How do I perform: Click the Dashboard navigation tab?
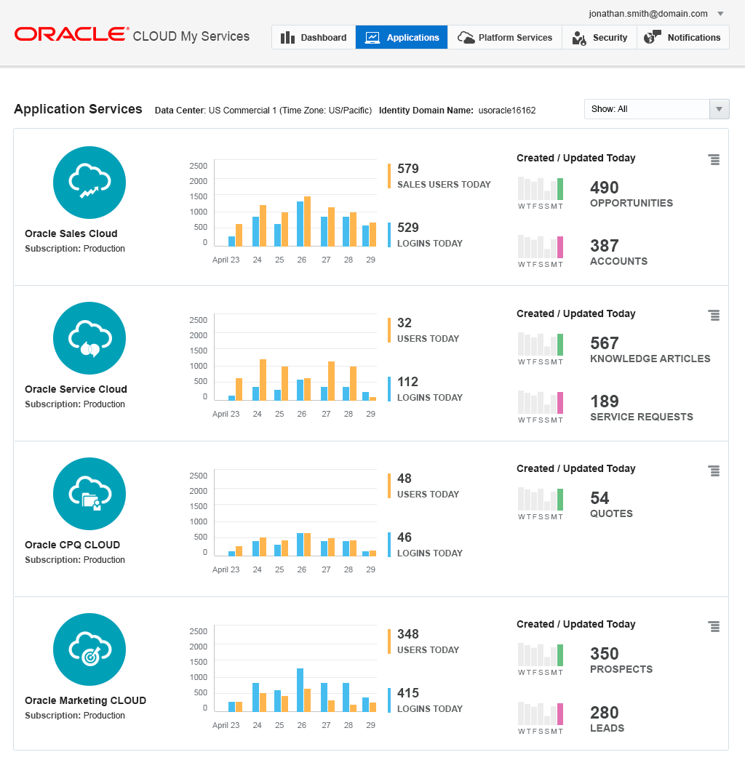click(x=314, y=38)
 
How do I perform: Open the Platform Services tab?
click(x=505, y=38)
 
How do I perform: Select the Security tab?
click(x=599, y=38)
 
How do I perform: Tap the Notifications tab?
click(x=683, y=38)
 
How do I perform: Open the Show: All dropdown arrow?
click(x=719, y=109)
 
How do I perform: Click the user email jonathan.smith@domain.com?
click(x=648, y=14)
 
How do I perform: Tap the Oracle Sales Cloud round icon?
click(x=89, y=183)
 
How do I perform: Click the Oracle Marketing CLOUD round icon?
click(x=89, y=649)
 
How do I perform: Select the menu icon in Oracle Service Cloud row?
click(x=714, y=315)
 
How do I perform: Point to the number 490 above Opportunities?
click(x=604, y=188)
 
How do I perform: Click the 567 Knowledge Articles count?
click(x=605, y=343)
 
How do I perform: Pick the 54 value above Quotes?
click(x=599, y=498)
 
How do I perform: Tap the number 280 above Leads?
click(x=605, y=713)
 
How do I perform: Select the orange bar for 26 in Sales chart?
click(x=308, y=222)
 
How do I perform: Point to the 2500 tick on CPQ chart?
click(x=198, y=476)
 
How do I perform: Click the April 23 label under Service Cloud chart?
click(x=226, y=415)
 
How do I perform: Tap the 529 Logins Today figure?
click(x=408, y=228)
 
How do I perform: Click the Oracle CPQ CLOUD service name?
click(x=72, y=545)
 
